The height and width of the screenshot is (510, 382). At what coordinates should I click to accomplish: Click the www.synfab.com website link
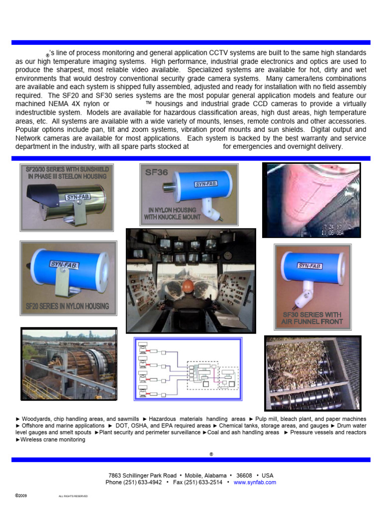255,482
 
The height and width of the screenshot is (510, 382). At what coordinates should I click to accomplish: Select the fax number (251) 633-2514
205,482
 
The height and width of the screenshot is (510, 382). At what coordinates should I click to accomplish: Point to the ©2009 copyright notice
21,496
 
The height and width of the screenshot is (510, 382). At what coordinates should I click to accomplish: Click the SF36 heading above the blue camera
157,173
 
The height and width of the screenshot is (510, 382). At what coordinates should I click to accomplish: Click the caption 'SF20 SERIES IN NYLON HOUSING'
67,306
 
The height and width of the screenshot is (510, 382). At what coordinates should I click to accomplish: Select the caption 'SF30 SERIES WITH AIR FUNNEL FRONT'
312,318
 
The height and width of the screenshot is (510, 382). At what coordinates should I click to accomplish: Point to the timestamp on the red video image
341,229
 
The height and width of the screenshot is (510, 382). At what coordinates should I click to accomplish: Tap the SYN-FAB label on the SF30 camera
309,265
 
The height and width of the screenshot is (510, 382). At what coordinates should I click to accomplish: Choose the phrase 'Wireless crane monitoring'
52,440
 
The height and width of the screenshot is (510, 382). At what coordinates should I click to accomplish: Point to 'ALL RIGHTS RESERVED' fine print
73,497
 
